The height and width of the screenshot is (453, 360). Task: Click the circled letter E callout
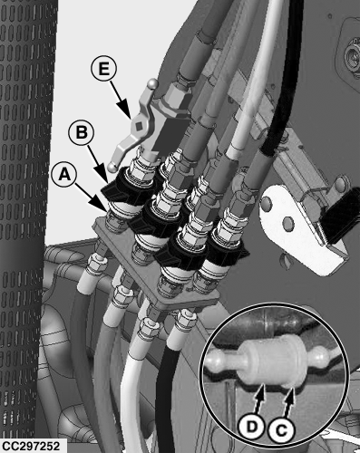[103, 70]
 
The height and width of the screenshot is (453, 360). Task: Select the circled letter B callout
[81, 132]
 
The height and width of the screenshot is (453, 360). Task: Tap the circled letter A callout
[64, 174]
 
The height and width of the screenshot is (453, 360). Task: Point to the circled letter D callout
[252, 427]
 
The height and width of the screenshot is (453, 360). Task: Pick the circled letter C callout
[281, 429]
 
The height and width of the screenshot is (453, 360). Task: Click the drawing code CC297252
[31, 446]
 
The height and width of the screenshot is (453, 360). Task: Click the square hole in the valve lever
[139, 125]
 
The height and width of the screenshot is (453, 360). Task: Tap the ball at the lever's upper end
[153, 83]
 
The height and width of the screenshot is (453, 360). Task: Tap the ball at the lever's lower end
[113, 167]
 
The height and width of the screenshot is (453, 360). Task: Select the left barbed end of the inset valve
[221, 360]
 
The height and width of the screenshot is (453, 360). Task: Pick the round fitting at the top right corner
[352, 57]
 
